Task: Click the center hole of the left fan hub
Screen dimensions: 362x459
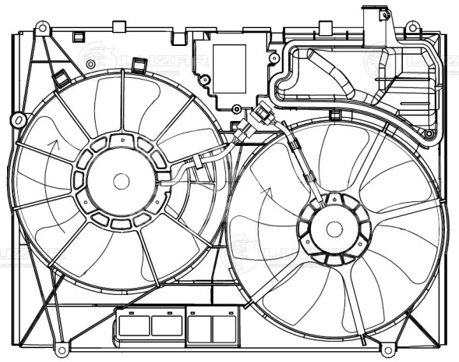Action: coord(121,181)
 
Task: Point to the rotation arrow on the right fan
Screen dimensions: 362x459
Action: coord(265,192)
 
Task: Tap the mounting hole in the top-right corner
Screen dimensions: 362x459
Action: coord(412,28)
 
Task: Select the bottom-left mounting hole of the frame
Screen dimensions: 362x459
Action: coord(60,344)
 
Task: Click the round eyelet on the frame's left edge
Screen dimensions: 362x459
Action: coord(17,120)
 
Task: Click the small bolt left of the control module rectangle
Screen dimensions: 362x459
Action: coord(205,79)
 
